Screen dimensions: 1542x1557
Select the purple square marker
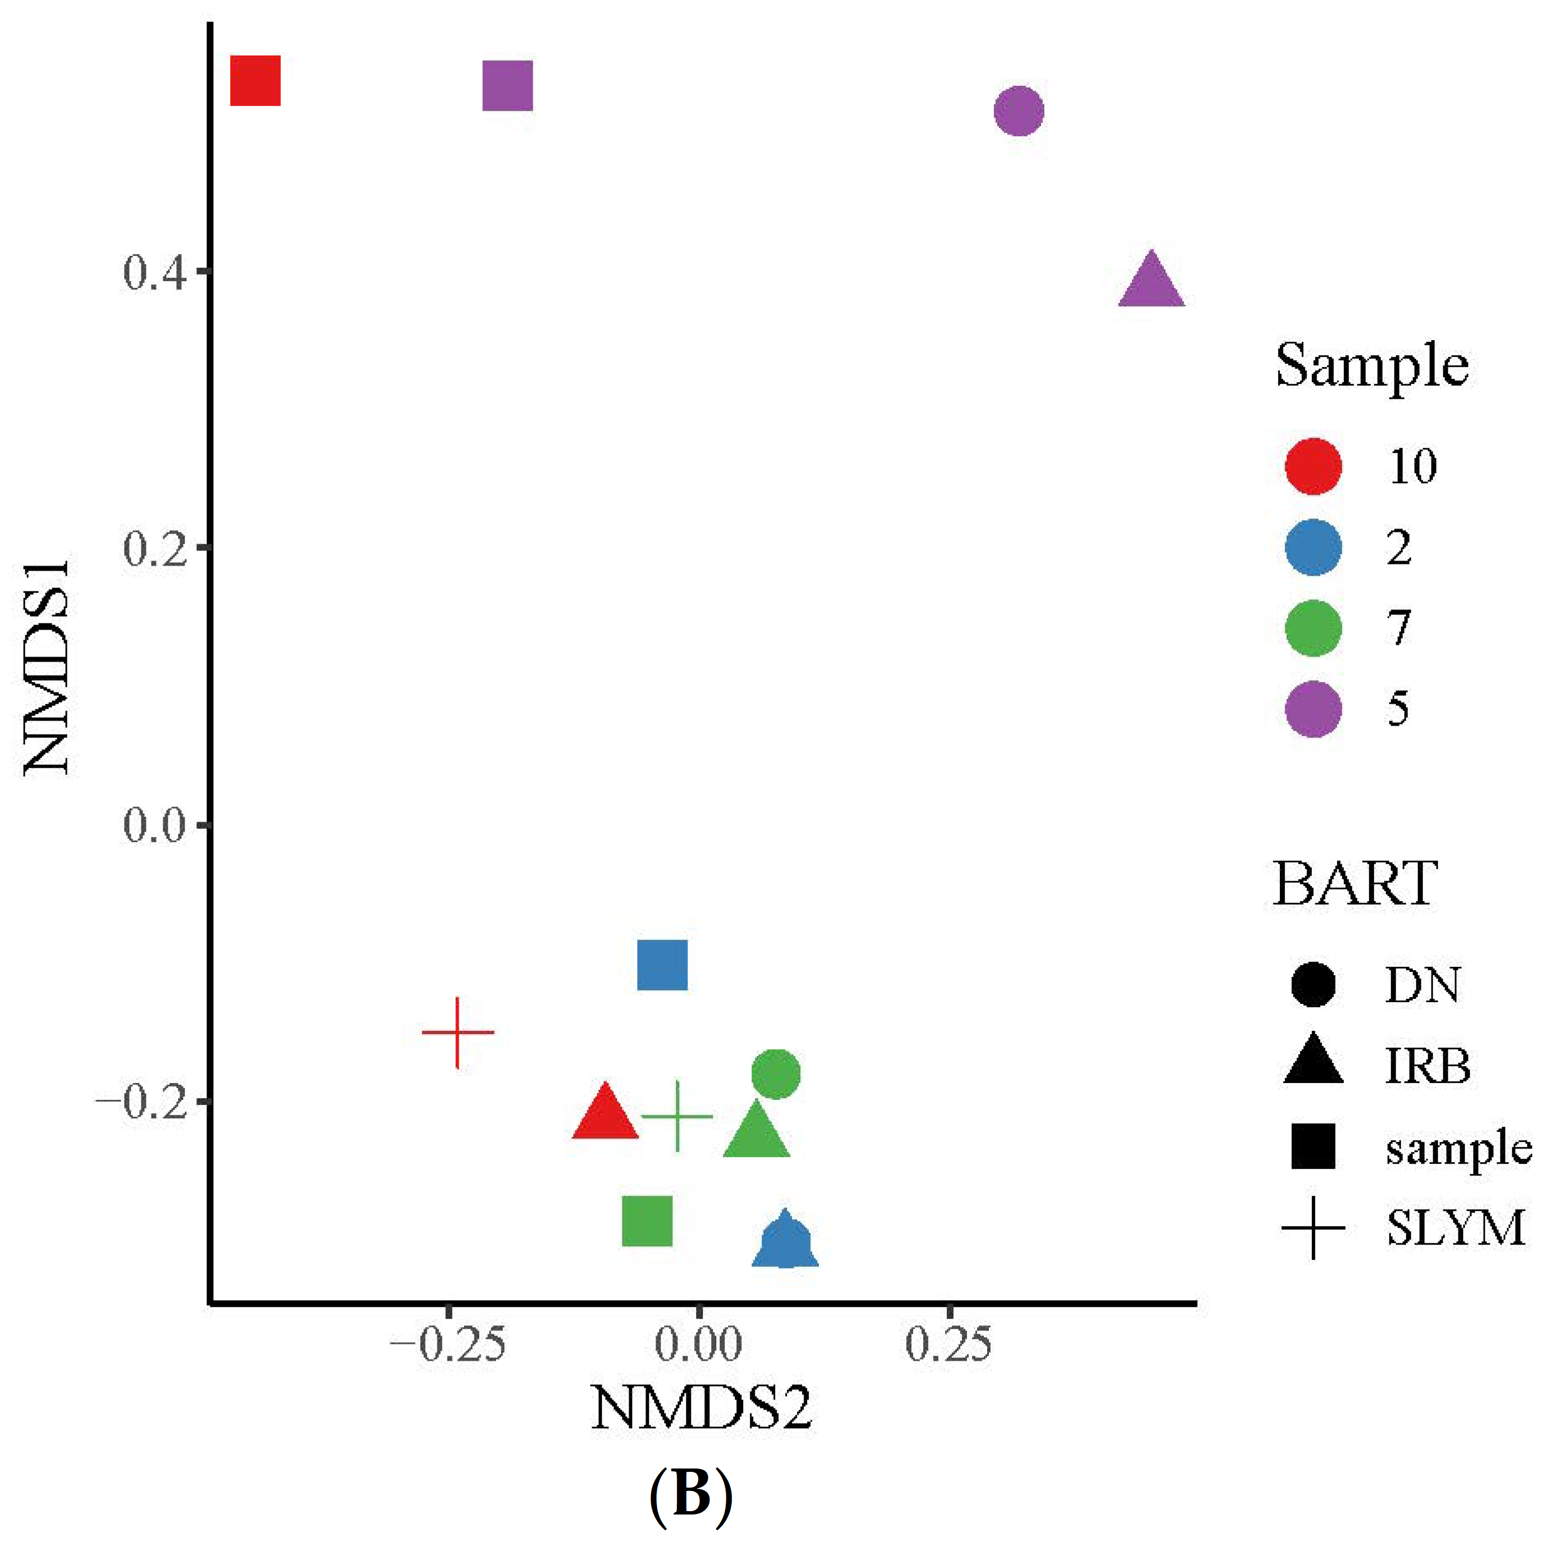pos(508,85)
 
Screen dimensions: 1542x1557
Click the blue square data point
pos(662,965)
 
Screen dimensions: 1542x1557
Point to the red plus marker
pos(458,1032)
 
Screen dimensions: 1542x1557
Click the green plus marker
pos(677,1117)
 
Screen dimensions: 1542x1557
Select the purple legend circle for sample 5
pos(1314,709)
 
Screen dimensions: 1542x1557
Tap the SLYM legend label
pos(1455,1228)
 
